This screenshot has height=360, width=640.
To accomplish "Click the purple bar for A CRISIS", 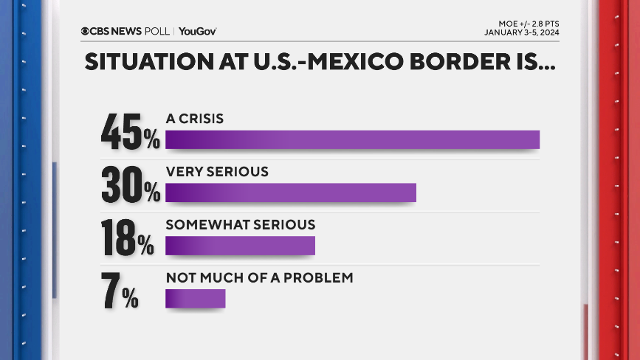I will click(x=352, y=139).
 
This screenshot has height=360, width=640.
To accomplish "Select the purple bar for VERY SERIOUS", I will click(x=291, y=192).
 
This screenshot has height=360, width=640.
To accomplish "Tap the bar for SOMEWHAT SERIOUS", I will click(x=240, y=245).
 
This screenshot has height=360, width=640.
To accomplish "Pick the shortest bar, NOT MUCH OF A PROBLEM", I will click(x=195, y=298).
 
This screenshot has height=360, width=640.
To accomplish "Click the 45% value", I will click(x=130, y=132).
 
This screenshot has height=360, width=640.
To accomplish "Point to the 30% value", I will click(x=130, y=185).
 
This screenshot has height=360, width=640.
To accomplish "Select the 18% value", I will click(x=128, y=238).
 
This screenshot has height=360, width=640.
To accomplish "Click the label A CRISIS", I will click(x=195, y=118).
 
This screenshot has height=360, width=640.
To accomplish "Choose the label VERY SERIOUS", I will click(x=217, y=171).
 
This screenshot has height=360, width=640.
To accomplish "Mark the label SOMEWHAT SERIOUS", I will click(x=241, y=224).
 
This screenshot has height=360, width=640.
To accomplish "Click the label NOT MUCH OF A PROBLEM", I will click(x=260, y=277).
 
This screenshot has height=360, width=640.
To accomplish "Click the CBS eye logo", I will click(x=86, y=31).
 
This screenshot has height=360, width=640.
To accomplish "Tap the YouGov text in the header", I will click(x=197, y=31).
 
